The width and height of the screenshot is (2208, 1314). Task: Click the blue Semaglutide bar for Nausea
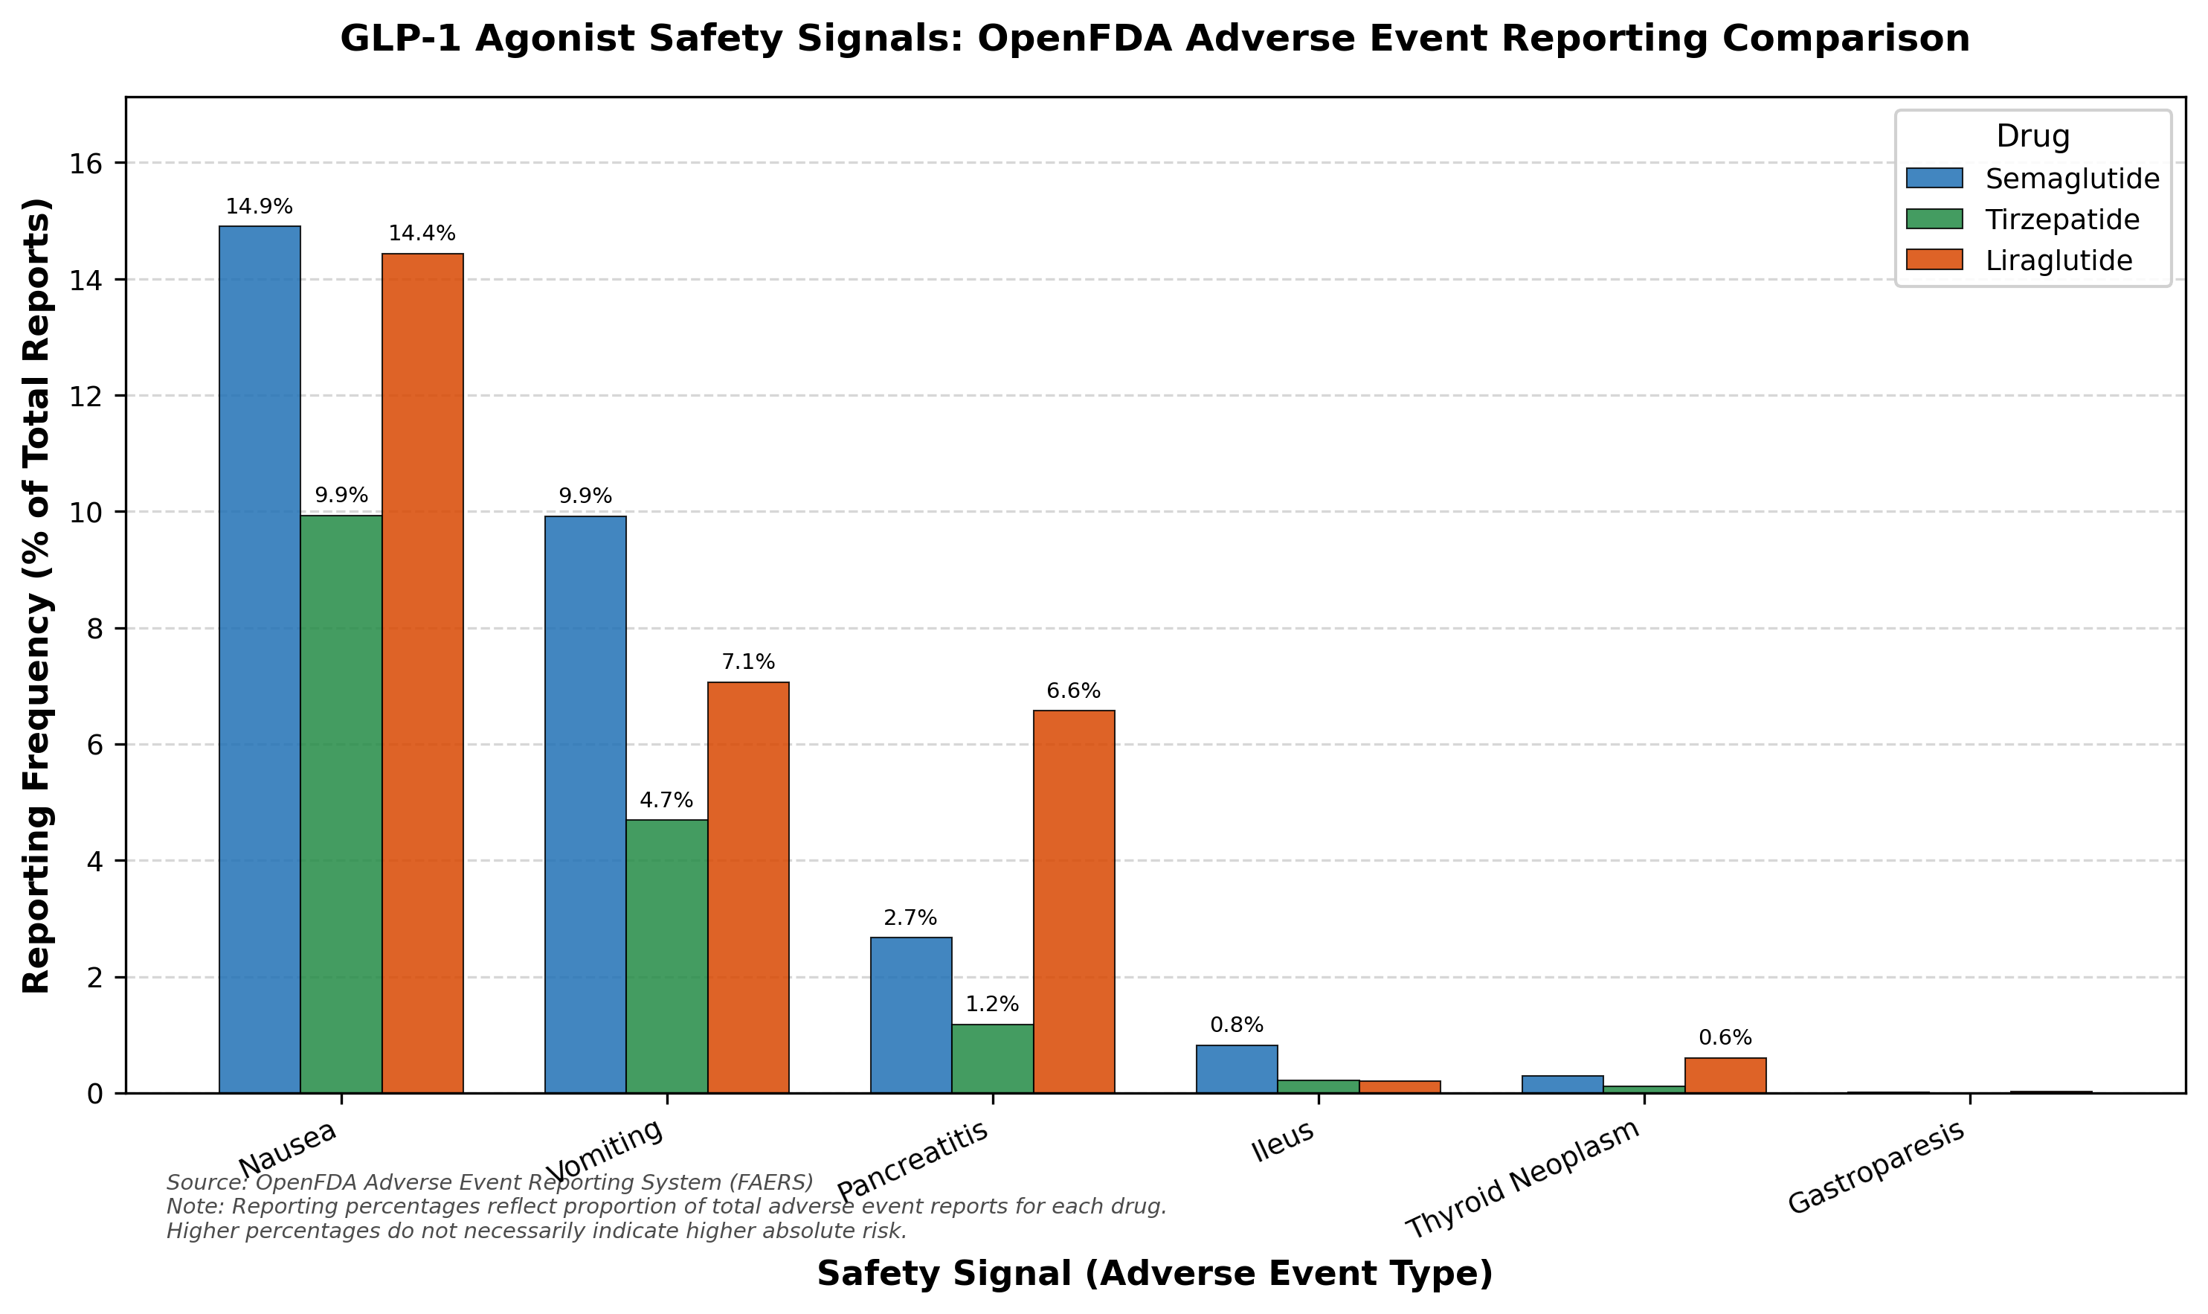[x=260, y=660]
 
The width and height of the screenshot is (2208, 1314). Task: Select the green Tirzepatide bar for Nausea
[x=341, y=804]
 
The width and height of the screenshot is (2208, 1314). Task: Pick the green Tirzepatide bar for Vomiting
[x=666, y=956]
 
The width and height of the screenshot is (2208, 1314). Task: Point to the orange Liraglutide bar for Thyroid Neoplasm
[x=1725, y=1076]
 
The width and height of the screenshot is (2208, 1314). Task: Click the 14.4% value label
[x=422, y=234]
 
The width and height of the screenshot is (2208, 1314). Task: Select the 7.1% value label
[x=748, y=662]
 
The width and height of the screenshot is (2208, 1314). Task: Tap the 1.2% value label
[x=992, y=1004]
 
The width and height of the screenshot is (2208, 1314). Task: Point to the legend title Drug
[x=2032, y=136]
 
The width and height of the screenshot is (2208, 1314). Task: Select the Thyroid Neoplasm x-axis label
[x=1523, y=1179]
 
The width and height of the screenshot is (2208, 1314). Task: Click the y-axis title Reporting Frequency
[x=36, y=595]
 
